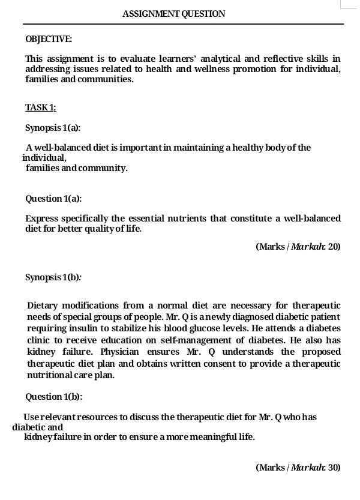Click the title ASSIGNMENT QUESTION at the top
[x=174, y=14]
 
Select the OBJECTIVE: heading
[x=49, y=39]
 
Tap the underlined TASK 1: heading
[x=41, y=107]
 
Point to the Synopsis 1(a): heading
[x=53, y=128]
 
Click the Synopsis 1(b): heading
[x=53, y=277]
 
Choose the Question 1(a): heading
[x=53, y=199]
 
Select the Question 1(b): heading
[x=53, y=397]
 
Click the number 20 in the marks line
[x=335, y=246]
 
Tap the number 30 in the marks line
[x=335, y=467]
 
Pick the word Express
[x=41, y=218]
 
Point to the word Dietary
[x=43, y=306]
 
